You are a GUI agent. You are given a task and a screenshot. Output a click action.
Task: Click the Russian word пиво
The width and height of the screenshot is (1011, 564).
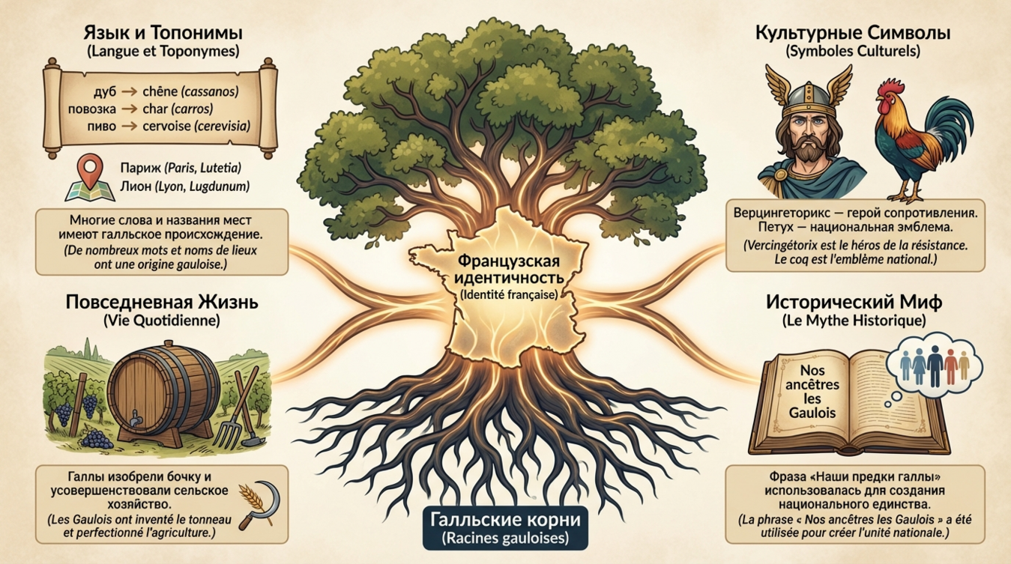(x=101, y=126)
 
